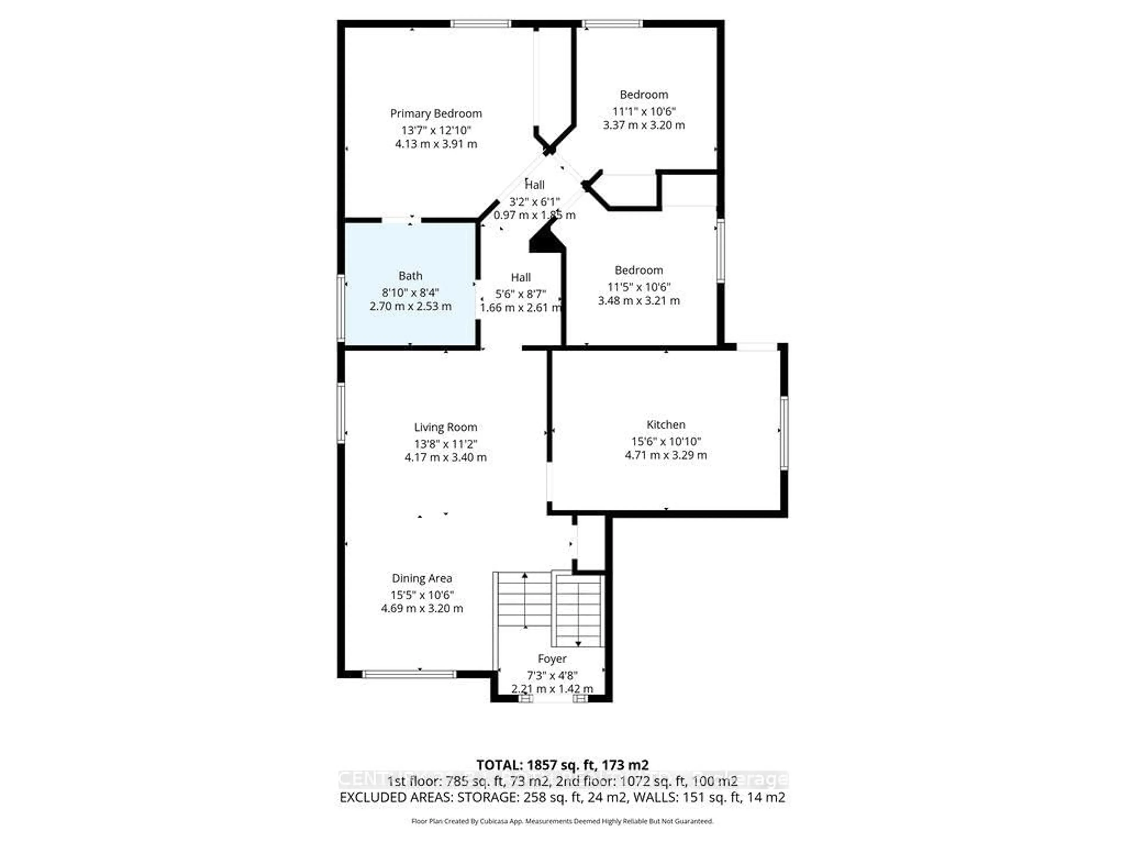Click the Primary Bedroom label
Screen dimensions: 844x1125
436,113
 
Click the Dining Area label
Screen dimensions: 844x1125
422,578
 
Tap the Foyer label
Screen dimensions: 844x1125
552,659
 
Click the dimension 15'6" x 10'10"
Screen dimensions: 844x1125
665,442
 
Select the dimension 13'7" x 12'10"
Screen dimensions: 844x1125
436,130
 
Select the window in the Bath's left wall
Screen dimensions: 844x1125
341,307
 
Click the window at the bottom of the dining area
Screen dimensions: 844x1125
409,675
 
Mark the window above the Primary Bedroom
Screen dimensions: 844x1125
480,23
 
